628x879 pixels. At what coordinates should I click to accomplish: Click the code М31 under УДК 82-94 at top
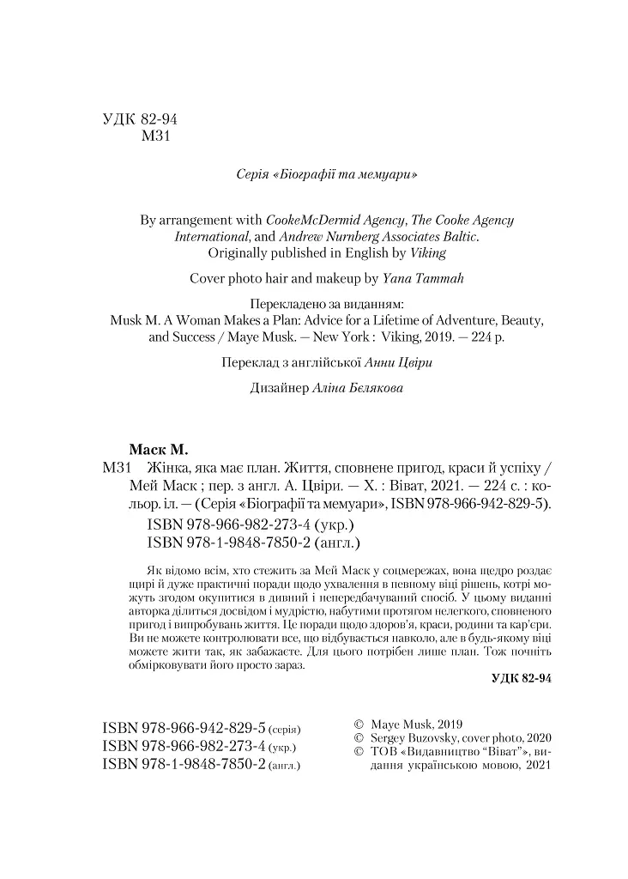(156, 138)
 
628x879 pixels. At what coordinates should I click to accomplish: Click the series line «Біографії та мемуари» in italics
(331, 174)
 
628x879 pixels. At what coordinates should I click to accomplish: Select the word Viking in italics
(429, 253)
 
